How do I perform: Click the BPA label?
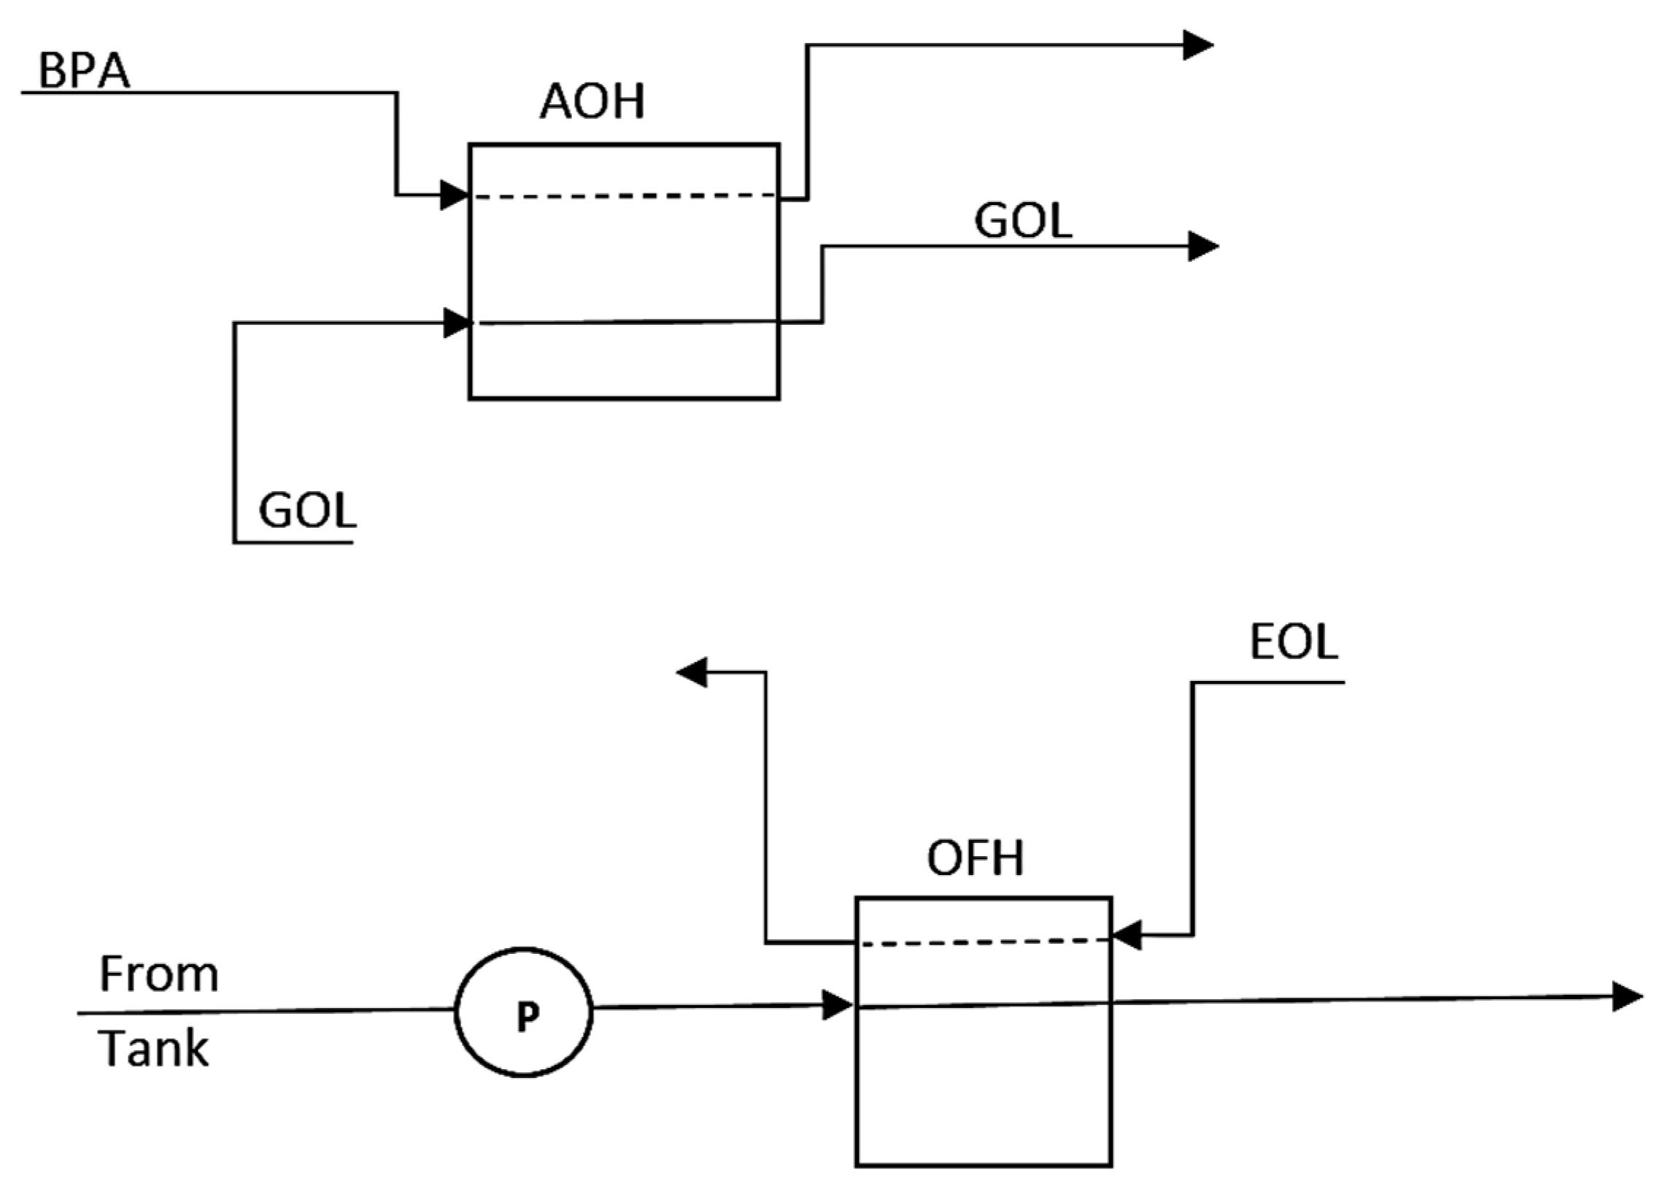point(84,71)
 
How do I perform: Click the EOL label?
point(1293,642)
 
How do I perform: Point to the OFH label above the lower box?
point(975,858)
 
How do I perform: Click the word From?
point(158,974)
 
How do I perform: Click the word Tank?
point(153,1049)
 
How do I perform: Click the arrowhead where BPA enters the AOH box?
point(454,195)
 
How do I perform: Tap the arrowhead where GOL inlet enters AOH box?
point(457,322)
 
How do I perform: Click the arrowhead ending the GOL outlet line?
point(1202,246)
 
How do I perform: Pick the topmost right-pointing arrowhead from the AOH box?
point(1197,45)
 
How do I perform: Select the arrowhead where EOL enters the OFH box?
point(1127,935)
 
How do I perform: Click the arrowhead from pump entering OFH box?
point(837,1005)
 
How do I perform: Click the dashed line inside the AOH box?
point(624,196)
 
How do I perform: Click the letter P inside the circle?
point(527,1016)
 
